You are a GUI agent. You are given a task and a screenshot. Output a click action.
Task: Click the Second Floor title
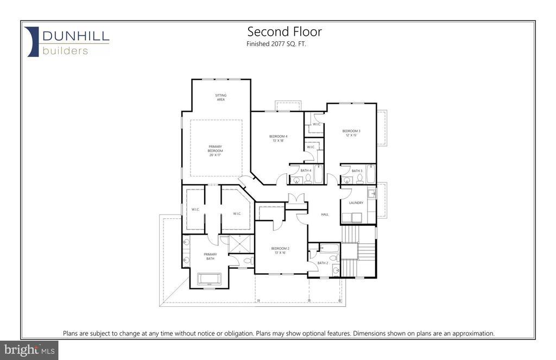tap(285, 31)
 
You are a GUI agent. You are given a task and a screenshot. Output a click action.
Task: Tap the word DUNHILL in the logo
tap(76, 36)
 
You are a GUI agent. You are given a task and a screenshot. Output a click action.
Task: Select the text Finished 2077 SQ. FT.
tap(276, 44)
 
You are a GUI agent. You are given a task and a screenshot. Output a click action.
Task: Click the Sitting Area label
tap(221, 98)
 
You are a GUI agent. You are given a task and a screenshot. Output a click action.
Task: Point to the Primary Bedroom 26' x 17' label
tap(215, 151)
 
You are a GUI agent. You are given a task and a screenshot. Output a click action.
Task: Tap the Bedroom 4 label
tap(279, 138)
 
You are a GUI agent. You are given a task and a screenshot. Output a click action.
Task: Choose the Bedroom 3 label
tap(351, 133)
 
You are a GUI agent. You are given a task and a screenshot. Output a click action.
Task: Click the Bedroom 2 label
tap(280, 250)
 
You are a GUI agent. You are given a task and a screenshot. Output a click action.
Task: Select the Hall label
tap(325, 214)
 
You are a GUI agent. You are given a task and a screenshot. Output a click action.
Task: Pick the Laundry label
tap(356, 203)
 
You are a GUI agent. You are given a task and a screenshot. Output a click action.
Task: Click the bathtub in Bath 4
tap(318, 174)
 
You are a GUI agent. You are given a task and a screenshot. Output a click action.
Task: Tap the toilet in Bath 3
tap(360, 180)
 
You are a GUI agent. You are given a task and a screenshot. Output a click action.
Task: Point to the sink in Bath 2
tap(336, 271)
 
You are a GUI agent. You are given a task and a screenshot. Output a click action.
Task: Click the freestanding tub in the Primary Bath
tap(209, 279)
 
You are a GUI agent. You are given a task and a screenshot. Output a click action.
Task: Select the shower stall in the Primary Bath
tap(241, 244)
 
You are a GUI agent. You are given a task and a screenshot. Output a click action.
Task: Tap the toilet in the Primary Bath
tap(248, 261)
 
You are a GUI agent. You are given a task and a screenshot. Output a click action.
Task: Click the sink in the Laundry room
tap(372, 194)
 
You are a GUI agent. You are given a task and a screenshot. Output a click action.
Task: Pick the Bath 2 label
tap(323, 263)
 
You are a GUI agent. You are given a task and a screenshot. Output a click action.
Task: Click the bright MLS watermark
tap(29, 350)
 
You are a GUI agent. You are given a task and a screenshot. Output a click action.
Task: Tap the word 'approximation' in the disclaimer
tap(473, 333)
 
